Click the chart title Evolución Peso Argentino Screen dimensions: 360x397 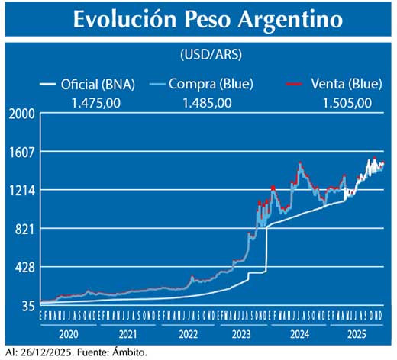point(198,21)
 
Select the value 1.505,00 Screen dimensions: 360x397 point(347,102)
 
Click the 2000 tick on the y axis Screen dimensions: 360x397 point(22,114)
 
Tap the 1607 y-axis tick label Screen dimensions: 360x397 point(22,152)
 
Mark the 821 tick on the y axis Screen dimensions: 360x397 point(24,229)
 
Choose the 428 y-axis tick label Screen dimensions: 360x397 point(24,268)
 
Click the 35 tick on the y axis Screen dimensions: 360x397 point(27,306)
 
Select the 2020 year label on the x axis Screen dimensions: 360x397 point(68,333)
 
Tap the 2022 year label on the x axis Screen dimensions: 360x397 point(188,333)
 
